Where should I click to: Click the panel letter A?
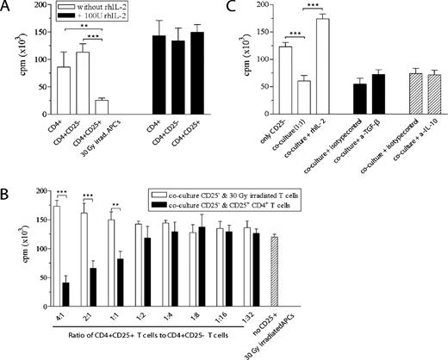8,9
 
